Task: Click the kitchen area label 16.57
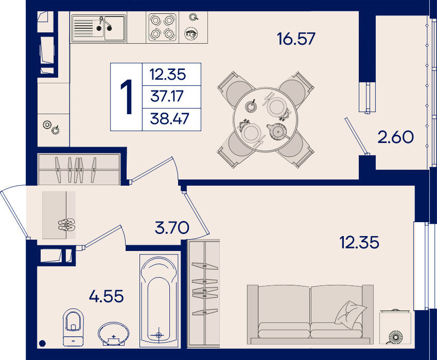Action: pos(296,39)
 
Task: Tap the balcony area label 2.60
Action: pos(395,137)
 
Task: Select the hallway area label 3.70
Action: pos(172,228)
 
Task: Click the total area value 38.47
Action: pos(169,119)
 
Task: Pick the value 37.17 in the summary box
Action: pos(167,96)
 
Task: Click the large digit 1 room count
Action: pos(127,97)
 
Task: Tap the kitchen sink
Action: pos(98,28)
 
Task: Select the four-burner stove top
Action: pos(162,27)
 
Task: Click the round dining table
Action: pos(265,119)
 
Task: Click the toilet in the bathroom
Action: pos(73,327)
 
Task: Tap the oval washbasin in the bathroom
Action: pos(113,334)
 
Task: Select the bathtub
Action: pos(159,300)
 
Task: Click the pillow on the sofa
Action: pos(351,313)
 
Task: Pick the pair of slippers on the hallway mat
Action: pos(66,225)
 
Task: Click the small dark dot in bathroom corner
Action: pos(42,344)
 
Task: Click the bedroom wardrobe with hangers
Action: pos(204,294)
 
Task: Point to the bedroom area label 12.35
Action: pos(359,242)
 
